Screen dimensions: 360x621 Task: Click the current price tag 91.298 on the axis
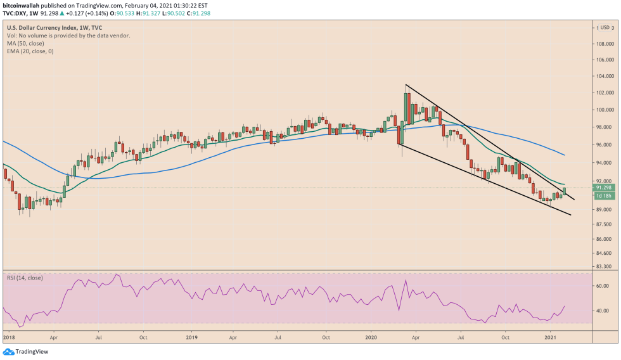tap(603, 188)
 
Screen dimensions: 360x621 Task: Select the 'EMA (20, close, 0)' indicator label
tap(33, 52)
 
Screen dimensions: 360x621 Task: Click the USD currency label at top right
tap(603, 27)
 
